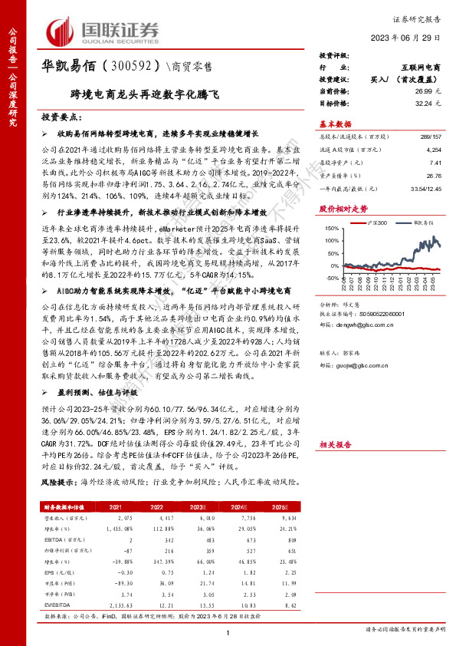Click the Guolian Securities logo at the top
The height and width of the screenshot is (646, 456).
103,31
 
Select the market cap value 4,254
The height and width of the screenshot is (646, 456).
433,151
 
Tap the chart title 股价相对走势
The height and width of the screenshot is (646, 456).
343,208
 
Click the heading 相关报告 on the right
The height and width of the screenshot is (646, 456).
335,444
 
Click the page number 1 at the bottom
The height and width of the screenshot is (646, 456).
228,631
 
